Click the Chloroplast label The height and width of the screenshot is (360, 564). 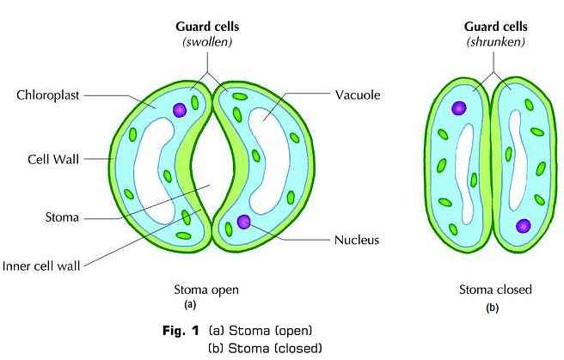pyautogui.click(x=47, y=95)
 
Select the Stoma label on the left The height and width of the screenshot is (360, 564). pyautogui.click(x=62, y=217)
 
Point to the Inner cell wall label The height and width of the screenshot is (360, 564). pyautogui.click(x=41, y=265)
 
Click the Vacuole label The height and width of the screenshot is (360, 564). pyautogui.click(x=357, y=95)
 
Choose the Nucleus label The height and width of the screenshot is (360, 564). pyautogui.click(x=356, y=240)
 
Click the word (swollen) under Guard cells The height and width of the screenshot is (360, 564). pyautogui.click(x=205, y=40)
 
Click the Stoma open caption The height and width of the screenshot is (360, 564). pyautogui.click(x=205, y=290)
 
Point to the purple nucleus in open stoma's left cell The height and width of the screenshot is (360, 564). pyautogui.click(x=179, y=110)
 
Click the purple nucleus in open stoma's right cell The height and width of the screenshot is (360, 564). pyautogui.click(x=245, y=222)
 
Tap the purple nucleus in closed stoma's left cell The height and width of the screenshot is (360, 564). pyautogui.click(x=459, y=108)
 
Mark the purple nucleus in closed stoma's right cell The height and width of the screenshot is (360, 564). pyautogui.click(x=523, y=226)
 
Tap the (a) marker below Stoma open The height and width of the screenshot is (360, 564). pyautogui.click(x=190, y=305)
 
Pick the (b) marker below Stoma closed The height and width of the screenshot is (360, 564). pyautogui.click(x=492, y=307)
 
